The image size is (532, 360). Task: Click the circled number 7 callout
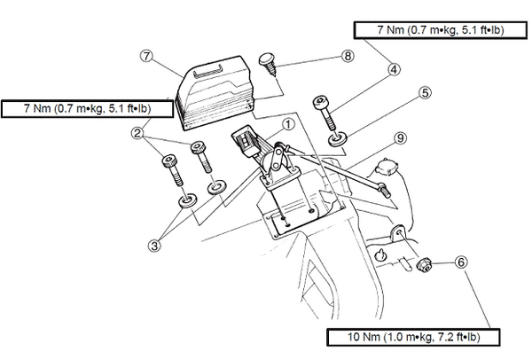pos(146,56)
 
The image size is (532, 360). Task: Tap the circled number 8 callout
pos(347,56)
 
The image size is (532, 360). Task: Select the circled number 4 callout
pos(393,70)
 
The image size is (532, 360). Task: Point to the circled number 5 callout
pos(425,93)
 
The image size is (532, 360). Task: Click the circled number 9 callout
pos(401,138)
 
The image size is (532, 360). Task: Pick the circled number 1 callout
pos(287,124)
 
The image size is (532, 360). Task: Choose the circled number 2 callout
pos(137,133)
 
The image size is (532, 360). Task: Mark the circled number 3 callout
pos(154,246)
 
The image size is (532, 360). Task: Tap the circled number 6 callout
pos(461,262)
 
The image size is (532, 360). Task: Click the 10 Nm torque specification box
pos(413,337)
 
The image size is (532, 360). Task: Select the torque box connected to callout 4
pos(441,30)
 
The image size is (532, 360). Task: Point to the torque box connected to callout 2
pos(87,108)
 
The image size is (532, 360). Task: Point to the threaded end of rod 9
pos(386,191)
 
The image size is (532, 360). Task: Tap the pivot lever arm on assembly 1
pos(277,157)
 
